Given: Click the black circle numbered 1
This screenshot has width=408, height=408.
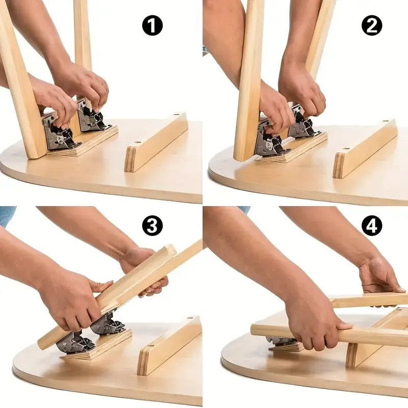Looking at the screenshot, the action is click(152, 25).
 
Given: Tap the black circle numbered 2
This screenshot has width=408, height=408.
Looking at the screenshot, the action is click(372, 25).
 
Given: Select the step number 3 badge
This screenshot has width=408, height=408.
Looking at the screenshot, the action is click(152, 225).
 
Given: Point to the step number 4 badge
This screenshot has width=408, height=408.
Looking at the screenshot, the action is click(372, 225).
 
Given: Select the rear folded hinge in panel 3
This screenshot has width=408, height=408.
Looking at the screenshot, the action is click(108, 324).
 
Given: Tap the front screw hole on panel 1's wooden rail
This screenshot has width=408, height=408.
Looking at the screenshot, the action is click(137, 143).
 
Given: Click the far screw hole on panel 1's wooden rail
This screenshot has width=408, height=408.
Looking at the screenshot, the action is click(176, 114).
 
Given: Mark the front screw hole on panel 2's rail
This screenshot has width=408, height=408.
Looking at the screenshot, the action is click(346, 148).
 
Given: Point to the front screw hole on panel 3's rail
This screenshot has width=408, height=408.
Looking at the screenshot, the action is click(150, 346).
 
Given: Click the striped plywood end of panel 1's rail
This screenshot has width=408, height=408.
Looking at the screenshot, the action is click(131, 159).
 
